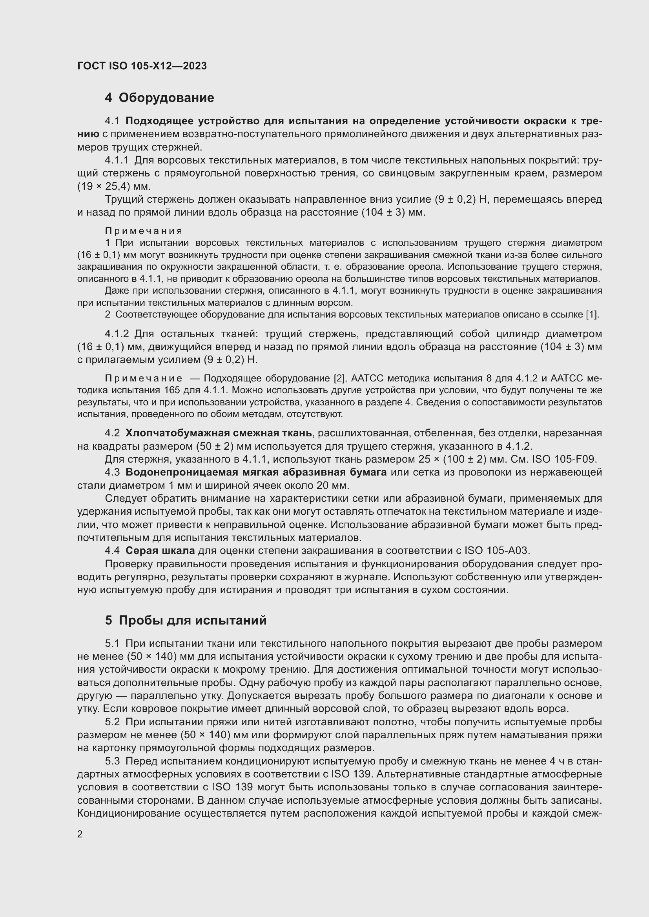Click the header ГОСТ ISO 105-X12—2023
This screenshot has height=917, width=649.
tap(142, 66)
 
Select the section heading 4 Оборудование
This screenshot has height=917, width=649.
tap(159, 98)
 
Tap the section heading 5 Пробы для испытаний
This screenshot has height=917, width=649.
tap(186, 620)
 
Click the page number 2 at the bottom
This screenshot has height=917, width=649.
tap(80, 834)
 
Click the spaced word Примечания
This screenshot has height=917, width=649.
tap(144, 231)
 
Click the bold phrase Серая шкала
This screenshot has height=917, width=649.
tap(160, 550)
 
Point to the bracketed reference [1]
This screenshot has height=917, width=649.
tap(592, 314)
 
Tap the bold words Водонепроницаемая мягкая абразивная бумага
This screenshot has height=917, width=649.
tap(256, 472)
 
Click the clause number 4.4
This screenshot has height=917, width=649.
tap(112, 550)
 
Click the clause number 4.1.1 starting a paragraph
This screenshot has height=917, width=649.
tap(117, 160)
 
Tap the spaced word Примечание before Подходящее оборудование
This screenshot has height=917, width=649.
tap(144, 378)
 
